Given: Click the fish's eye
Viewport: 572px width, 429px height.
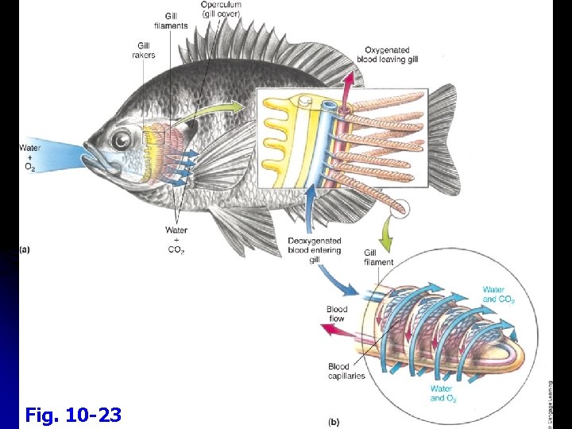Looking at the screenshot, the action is (121, 141).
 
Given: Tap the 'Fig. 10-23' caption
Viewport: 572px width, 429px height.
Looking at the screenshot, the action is (73, 414).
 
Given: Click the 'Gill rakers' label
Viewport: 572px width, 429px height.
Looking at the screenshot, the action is (144, 51).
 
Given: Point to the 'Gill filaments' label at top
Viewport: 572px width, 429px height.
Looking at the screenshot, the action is (176, 21).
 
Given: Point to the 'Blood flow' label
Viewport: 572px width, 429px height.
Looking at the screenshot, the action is (337, 315).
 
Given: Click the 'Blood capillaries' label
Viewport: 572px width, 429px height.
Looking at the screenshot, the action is (346, 371).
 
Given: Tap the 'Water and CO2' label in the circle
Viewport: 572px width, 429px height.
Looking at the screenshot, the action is (500, 295).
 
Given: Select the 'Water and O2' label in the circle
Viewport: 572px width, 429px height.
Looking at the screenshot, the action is (442, 393).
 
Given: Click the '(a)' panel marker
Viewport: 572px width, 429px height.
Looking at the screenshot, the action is (25, 249).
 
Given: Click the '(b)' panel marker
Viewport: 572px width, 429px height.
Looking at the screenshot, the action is (334, 420).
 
